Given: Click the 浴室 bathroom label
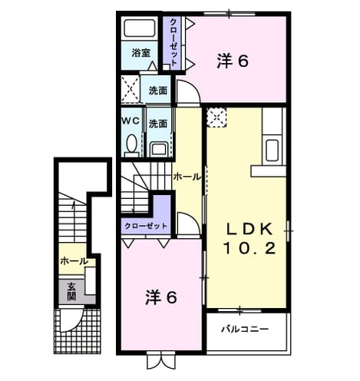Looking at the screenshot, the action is (141, 53).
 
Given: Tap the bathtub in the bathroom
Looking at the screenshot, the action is (140, 28).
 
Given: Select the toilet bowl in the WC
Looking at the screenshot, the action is (132, 144).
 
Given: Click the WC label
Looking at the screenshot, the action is (130, 121).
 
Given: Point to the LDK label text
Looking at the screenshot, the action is (249, 229).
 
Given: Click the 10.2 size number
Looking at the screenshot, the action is (249, 248).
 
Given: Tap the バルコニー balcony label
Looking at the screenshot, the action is (245, 329).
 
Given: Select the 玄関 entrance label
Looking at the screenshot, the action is (71, 291).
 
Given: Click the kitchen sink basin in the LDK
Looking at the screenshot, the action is (272, 151).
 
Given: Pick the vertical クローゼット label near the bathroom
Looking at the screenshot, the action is (173, 42).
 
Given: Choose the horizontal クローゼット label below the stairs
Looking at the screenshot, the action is (146, 226).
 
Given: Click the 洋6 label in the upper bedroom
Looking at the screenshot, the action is (233, 61).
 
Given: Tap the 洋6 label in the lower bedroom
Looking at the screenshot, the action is (161, 297).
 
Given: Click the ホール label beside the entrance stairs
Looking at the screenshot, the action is (74, 261).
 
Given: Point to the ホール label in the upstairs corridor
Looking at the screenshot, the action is (187, 177).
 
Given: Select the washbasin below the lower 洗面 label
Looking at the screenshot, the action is (159, 150).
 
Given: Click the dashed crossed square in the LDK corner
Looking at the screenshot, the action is (216, 118).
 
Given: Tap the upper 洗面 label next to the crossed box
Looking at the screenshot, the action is (158, 91).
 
